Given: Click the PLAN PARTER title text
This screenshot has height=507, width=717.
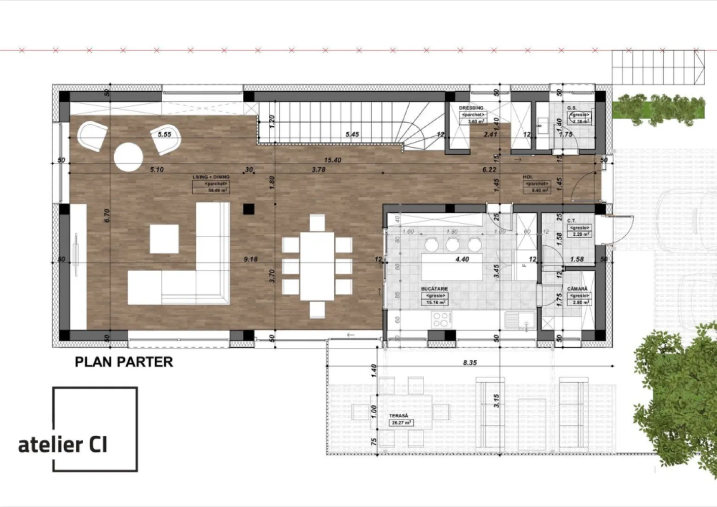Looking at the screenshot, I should point(124,361).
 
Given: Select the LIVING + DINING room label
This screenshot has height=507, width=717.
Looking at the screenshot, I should point(211,177).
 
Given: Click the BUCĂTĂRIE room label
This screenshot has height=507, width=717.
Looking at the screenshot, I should point(434,289).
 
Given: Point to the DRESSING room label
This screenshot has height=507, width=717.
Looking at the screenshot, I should point(471,108).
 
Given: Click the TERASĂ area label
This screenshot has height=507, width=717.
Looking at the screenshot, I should point(400,416).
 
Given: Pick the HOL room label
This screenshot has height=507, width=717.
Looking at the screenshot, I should point(528,177).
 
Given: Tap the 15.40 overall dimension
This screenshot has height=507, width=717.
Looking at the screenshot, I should point(332,160).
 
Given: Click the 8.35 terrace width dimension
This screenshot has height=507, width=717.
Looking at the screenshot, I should point(470,363).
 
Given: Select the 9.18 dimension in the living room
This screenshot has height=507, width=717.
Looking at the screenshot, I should point(250,259).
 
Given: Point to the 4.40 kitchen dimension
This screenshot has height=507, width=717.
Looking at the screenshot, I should point(462,259).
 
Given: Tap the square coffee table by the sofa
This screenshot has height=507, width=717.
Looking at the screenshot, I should point(164,239).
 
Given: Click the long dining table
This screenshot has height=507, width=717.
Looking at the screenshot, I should point(317,266).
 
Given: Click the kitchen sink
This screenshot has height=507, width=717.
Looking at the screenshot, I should point(518,319).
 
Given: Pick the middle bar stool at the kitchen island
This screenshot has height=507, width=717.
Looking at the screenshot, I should point(452,245).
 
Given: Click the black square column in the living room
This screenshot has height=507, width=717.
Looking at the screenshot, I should point(248,208).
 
